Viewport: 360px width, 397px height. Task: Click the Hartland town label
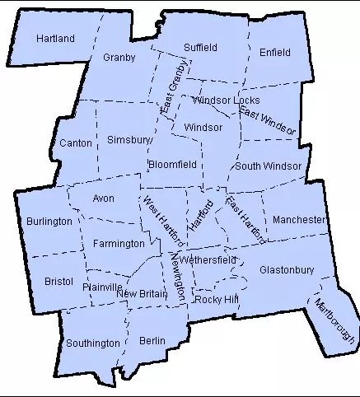tap(56, 39)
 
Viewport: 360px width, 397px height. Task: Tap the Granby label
tap(119, 58)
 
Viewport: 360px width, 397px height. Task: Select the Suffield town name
tap(199, 47)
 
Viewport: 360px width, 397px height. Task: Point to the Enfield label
tap(274, 53)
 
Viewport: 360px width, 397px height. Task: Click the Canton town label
tap(76, 143)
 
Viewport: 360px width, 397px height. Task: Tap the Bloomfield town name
tap(172, 165)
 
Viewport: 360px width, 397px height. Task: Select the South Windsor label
tap(268, 166)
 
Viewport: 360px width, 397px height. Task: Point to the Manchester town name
tap(299, 220)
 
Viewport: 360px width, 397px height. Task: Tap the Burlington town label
tap(49, 222)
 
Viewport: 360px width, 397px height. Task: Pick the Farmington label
tap(119, 244)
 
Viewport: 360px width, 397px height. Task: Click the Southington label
tap(93, 343)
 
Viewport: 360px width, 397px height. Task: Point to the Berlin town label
tap(152, 340)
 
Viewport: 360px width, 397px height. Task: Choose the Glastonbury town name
tap(287, 270)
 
